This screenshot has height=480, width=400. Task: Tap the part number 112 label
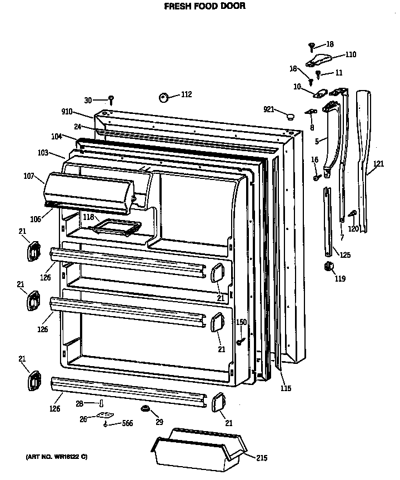[x=186, y=95]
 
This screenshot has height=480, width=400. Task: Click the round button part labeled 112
[x=164, y=97]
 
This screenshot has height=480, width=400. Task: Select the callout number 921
[x=269, y=109]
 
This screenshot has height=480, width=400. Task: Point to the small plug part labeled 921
[x=288, y=116]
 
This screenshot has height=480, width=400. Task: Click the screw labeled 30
[x=111, y=100]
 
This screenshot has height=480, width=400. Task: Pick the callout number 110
[x=351, y=54]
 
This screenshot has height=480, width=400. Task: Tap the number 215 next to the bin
[x=261, y=458]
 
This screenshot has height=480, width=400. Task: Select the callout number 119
[x=339, y=279]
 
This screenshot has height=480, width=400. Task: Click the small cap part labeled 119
[x=327, y=267]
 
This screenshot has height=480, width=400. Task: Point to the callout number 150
[x=241, y=322]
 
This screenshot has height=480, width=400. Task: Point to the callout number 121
[x=378, y=163]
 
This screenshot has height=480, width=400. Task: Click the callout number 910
[x=67, y=112]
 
